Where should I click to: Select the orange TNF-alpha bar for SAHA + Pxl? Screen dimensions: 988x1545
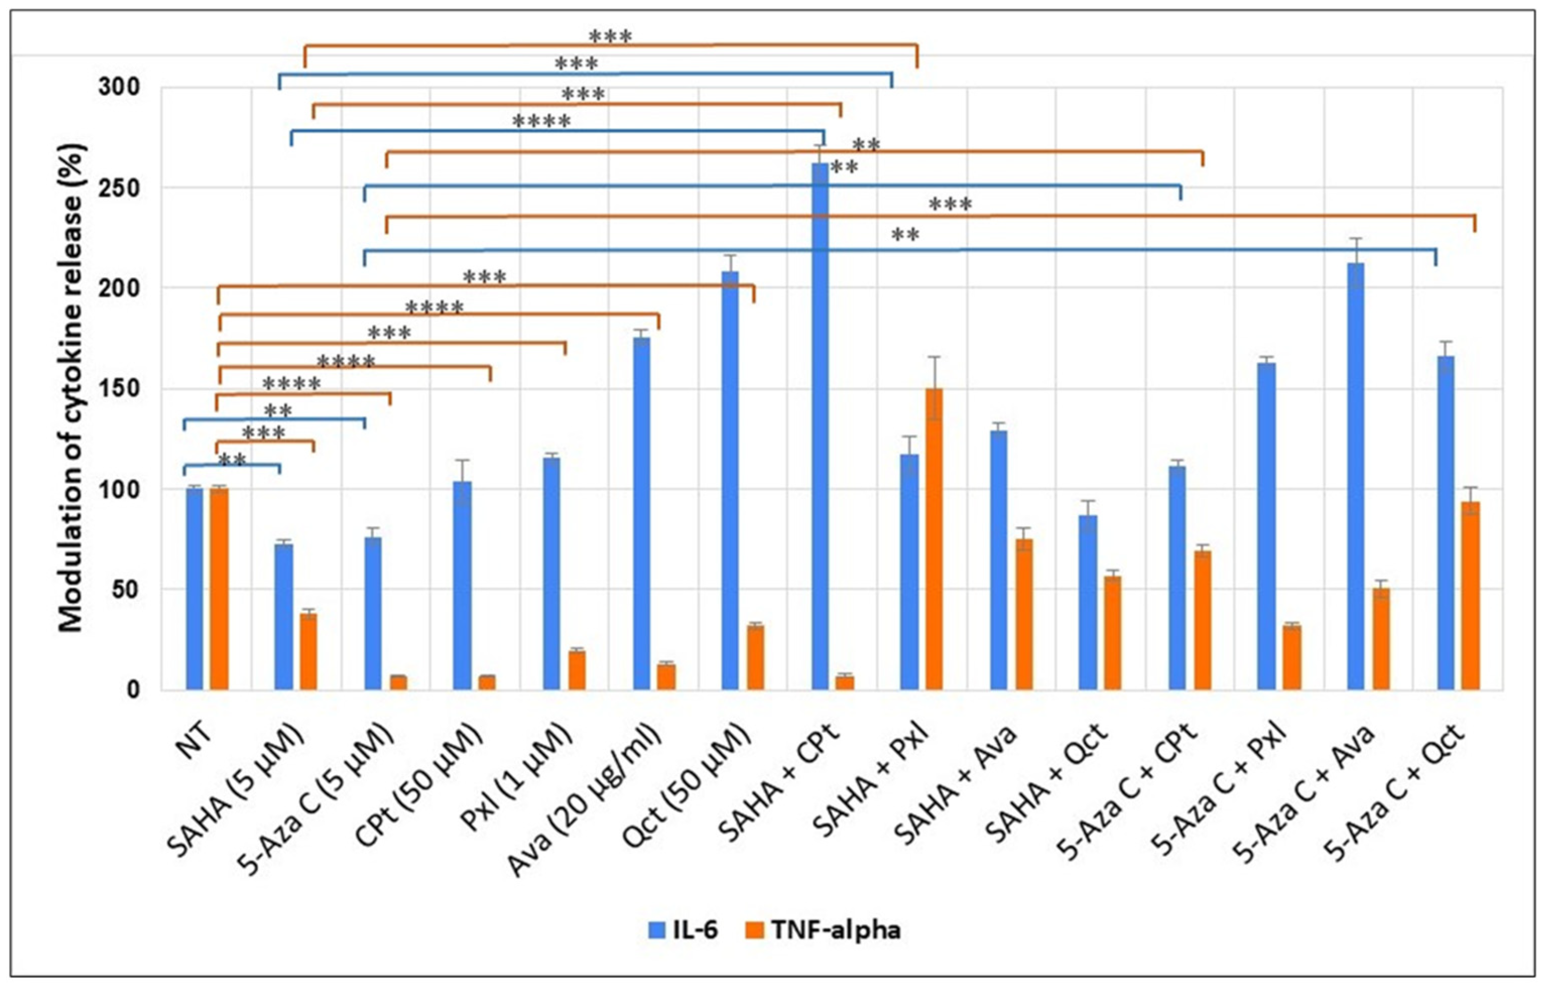pos(934,539)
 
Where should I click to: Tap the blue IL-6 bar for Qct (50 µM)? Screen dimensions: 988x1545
pos(730,481)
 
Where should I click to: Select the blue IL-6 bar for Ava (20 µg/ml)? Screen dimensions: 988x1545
pos(641,513)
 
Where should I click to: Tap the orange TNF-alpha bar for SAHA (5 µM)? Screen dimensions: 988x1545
pos(308,651)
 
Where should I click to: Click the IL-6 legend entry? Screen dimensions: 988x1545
pos(681,930)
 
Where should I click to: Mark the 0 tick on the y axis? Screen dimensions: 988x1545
pos(134,690)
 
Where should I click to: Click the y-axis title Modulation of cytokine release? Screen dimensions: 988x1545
pos(72,388)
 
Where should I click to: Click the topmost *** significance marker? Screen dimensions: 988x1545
pos(610,37)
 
